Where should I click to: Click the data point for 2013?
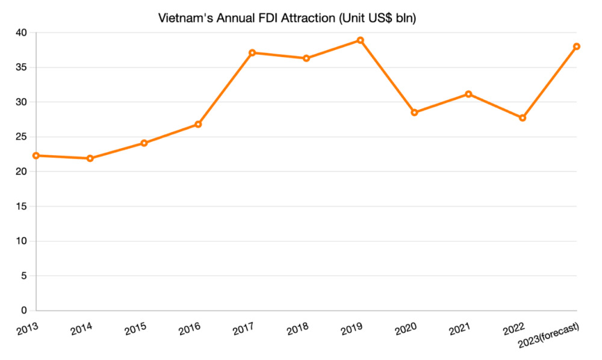click(x=36, y=155)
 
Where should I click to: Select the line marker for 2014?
click(x=90, y=158)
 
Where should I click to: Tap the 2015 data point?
click(x=144, y=143)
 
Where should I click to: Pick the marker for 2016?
click(x=198, y=124)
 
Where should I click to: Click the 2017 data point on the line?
click(x=252, y=52)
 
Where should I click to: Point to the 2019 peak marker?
click(x=360, y=40)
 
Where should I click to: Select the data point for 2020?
click(x=414, y=113)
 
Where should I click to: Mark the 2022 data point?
click(x=523, y=118)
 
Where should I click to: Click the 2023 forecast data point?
click(x=577, y=46)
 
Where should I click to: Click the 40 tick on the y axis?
click(x=22, y=33)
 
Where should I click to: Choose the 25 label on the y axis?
click(x=22, y=137)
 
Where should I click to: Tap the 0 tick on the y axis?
click(x=25, y=311)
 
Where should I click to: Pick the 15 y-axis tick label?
click(x=22, y=206)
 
